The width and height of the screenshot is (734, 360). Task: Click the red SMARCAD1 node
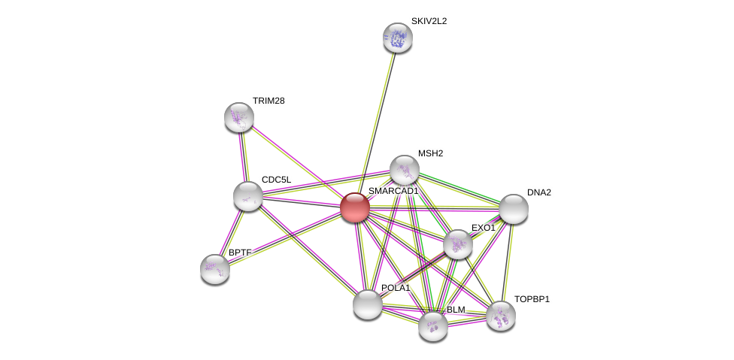[354, 207]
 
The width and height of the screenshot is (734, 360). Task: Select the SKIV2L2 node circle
[397, 38]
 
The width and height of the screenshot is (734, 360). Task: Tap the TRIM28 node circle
[239, 117]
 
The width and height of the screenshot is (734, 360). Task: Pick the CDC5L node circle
[247, 196]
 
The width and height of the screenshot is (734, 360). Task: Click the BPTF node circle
[215, 268]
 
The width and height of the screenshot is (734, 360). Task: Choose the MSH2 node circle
[405, 170]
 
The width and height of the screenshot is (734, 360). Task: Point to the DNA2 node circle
[513, 209]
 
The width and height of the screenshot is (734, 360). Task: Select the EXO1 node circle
[457, 244]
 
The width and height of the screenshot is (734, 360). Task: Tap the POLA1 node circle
[368, 304]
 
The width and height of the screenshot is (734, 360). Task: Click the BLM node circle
[433, 326]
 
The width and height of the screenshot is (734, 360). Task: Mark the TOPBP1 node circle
[501, 316]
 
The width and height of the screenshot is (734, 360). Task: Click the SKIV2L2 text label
[429, 21]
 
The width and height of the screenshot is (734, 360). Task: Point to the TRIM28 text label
[268, 101]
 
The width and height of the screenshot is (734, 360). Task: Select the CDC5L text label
[276, 180]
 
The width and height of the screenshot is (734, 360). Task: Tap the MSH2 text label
[430, 153]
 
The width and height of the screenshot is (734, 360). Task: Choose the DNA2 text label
[538, 192]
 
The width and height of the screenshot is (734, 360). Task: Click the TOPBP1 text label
[532, 299]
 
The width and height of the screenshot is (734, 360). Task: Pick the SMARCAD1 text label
[393, 192]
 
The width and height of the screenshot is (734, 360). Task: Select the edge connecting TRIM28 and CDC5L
[243, 156]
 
